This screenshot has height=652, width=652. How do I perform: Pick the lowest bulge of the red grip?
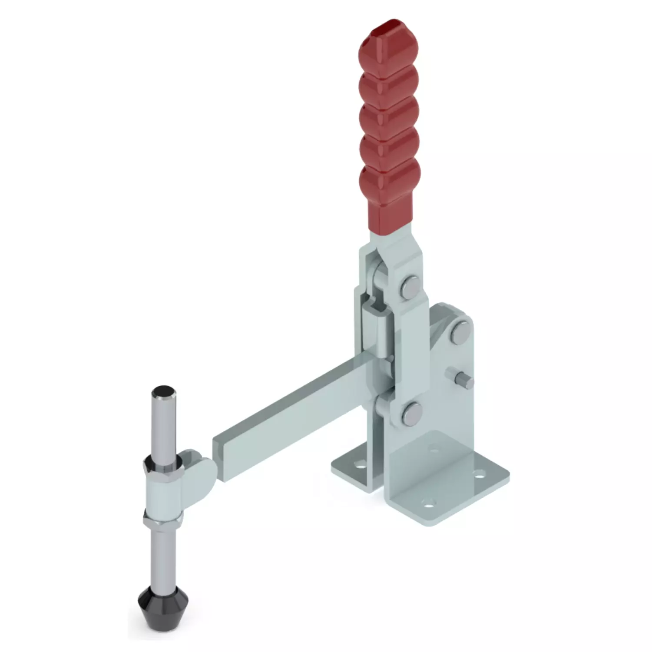tap(390, 182)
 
